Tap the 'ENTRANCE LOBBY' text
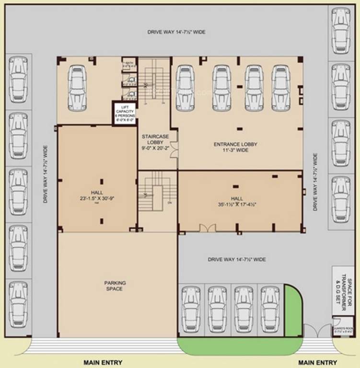point(235,144)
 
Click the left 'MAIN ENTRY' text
point(103,362)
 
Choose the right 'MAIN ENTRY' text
point(317,362)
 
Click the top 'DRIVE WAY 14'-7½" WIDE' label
point(176,32)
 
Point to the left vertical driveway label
point(46,174)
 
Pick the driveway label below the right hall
point(237,259)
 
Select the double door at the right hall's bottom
point(208,229)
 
